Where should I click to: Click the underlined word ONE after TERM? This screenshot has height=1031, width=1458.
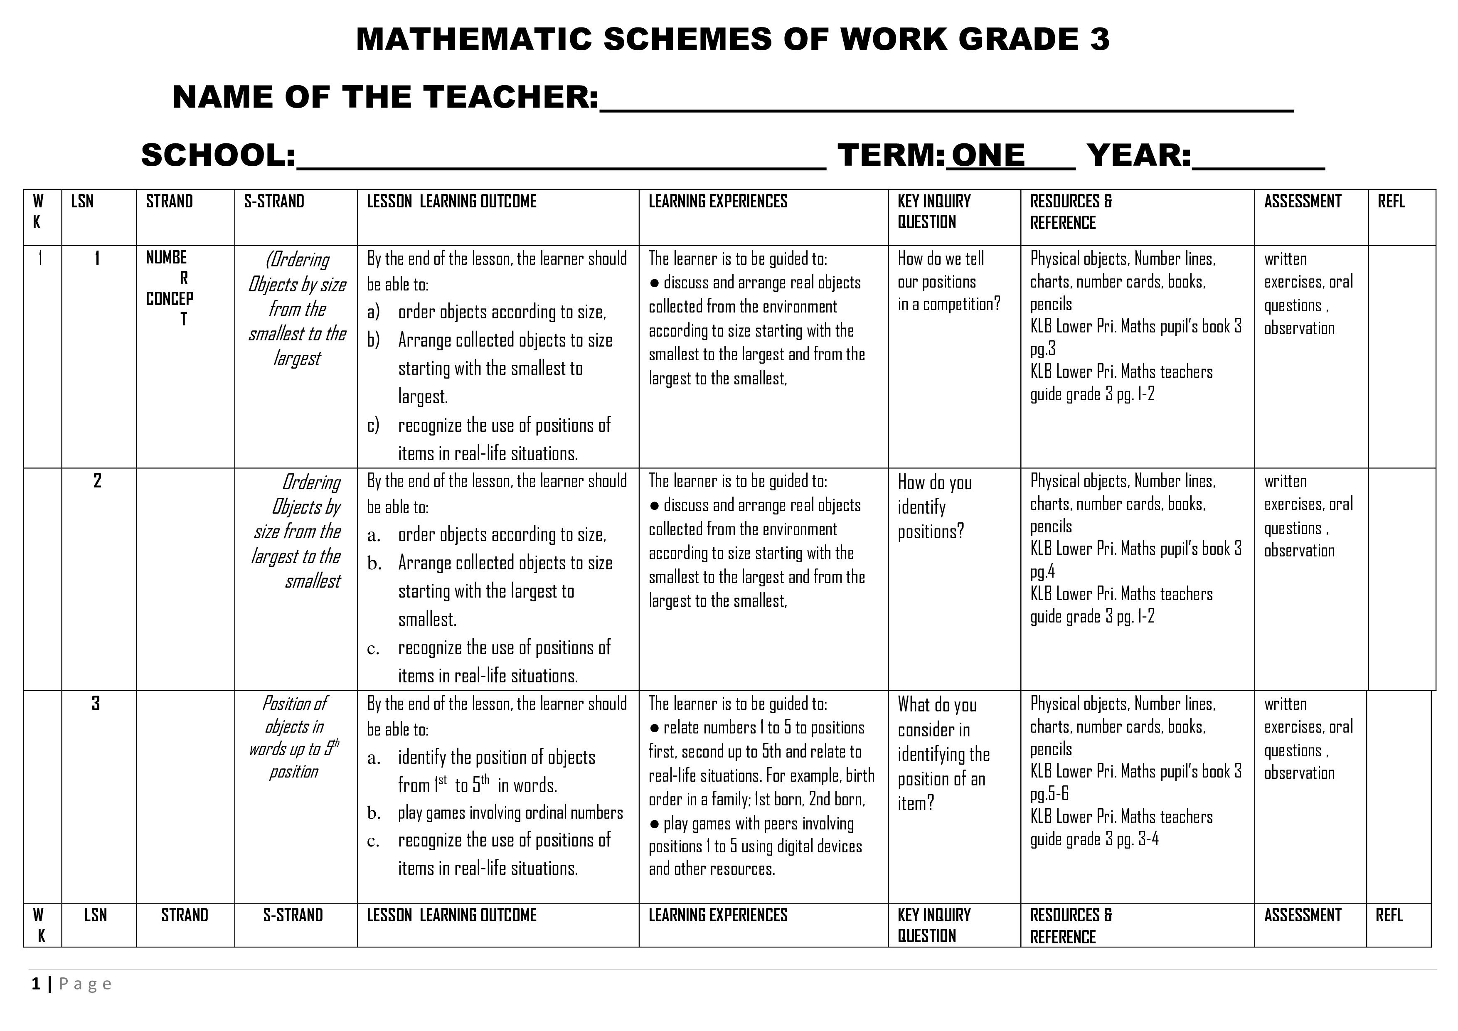tap(988, 155)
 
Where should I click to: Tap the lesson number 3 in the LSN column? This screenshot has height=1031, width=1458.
tap(96, 704)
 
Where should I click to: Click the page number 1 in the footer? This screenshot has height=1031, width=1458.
tap(36, 984)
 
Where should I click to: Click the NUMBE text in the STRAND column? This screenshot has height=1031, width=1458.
tap(166, 257)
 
